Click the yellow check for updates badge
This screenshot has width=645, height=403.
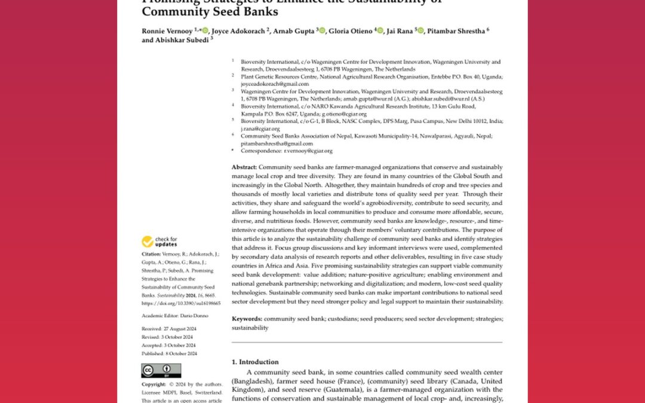coord(159,242)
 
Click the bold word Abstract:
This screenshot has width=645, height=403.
coord(244,167)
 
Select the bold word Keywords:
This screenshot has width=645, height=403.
coord(247,319)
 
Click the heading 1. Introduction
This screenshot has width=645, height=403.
coord(255,362)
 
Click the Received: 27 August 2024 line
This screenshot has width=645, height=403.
coord(168,329)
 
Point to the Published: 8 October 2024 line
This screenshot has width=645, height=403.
coord(168,352)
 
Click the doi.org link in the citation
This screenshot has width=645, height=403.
coord(180,303)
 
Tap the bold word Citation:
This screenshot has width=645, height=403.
coord(152,254)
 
